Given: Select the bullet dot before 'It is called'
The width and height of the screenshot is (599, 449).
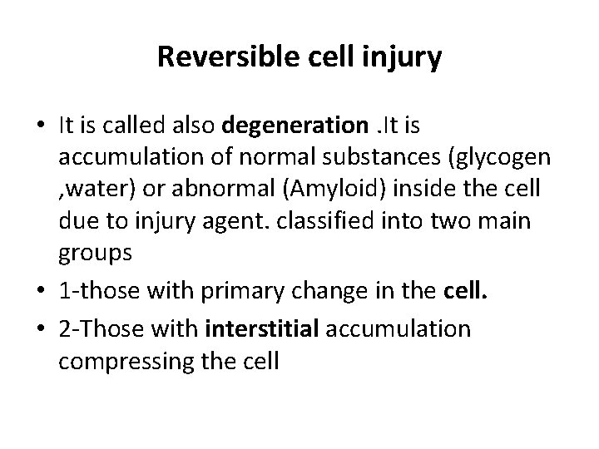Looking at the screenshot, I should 41,126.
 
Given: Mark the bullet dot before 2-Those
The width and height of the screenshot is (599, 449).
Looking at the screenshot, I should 41,330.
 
